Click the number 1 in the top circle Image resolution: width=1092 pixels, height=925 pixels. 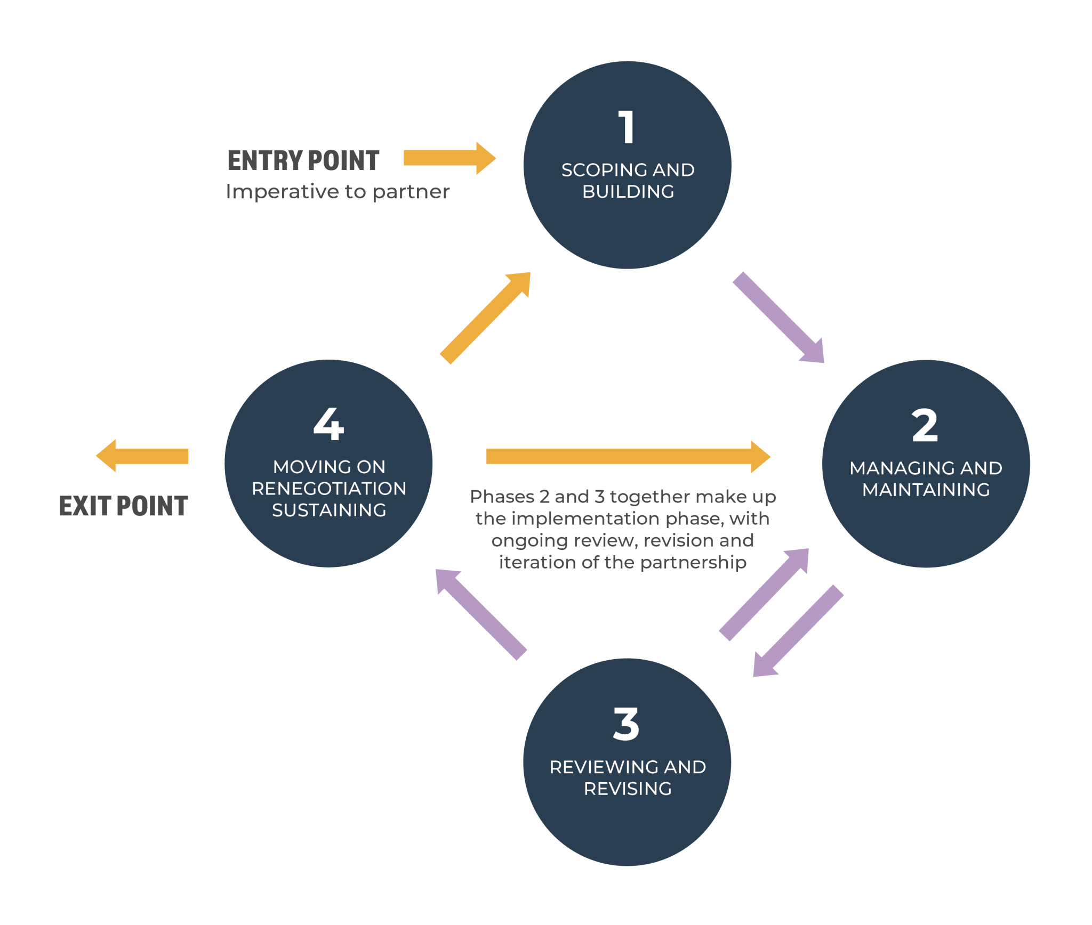pos(627,127)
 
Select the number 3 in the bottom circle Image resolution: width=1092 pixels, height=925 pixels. pos(626,724)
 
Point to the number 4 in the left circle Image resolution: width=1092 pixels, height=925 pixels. pos(328,424)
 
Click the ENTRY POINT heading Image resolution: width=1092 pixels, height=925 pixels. pos(303,160)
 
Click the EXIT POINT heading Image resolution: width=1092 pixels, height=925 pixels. pos(123,506)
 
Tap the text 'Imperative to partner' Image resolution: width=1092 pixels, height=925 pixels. pos(338,192)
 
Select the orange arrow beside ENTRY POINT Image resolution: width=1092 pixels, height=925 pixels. pos(449,158)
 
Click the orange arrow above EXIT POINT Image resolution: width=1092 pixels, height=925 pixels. pos(142,456)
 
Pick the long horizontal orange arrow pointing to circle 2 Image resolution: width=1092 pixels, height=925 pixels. pos(628,457)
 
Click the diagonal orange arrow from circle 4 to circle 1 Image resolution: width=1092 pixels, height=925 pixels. pos(485,318)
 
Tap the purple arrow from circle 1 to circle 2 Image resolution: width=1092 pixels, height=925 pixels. pos(778,318)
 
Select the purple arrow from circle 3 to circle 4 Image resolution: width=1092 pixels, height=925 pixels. pos(481,615)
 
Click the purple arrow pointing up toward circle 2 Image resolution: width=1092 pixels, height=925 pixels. pos(764,595)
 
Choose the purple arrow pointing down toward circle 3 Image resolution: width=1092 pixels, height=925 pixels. pos(798,631)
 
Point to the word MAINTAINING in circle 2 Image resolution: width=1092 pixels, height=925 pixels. pos(926,490)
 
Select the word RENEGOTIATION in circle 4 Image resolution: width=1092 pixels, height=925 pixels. pos(329,489)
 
